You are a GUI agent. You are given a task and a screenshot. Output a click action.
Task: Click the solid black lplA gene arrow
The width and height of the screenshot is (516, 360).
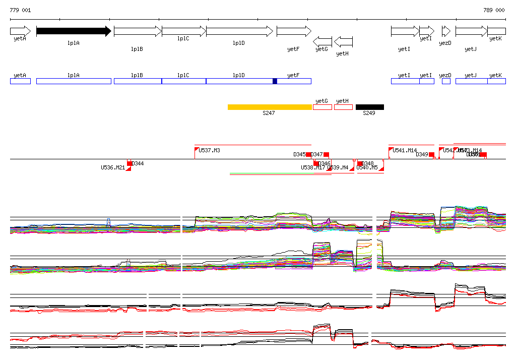(x=74, y=31)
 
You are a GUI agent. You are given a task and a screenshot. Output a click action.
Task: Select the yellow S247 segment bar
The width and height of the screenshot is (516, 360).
(x=270, y=107)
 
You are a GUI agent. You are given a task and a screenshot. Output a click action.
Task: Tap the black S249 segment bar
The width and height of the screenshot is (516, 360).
(x=369, y=107)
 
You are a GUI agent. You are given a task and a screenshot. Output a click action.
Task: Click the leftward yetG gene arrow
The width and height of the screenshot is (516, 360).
(x=322, y=41)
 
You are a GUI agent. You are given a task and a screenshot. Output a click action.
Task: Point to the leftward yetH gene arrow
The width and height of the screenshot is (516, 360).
(x=343, y=41)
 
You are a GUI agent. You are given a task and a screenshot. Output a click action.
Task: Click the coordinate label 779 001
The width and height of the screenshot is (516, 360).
(x=20, y=10)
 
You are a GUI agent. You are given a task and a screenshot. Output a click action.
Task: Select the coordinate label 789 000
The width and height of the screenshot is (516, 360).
(x=494, y=10)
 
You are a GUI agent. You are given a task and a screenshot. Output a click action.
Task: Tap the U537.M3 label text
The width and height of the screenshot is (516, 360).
(x=209, y=150)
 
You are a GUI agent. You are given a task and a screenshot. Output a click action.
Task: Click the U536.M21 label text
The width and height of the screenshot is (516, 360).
(x=113, y=167)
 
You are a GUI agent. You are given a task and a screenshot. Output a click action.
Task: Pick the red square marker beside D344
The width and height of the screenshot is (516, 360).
(x=130, y=163)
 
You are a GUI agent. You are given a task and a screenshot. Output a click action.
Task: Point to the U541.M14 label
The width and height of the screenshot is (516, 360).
(x=405, y=150)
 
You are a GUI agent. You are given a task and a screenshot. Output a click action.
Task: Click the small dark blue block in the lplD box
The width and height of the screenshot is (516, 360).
(x=275, y=81)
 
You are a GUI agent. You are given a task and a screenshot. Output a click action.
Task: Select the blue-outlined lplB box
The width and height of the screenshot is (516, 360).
(x=138, y=81)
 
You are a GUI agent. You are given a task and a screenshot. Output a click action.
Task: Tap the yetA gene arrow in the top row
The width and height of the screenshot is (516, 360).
(x=20, y=31)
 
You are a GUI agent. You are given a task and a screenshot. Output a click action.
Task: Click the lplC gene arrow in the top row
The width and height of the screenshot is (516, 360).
(x=183, y=31)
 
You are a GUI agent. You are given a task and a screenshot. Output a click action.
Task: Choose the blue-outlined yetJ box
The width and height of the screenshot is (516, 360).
(x=471, y=81)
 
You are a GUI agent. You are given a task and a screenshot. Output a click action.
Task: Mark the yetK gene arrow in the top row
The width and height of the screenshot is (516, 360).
(x=496, y=31)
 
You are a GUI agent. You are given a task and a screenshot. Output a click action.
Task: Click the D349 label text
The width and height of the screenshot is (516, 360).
(x=422, y=154)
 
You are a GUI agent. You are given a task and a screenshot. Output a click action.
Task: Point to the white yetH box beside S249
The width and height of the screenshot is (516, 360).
(x=343, y=107)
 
